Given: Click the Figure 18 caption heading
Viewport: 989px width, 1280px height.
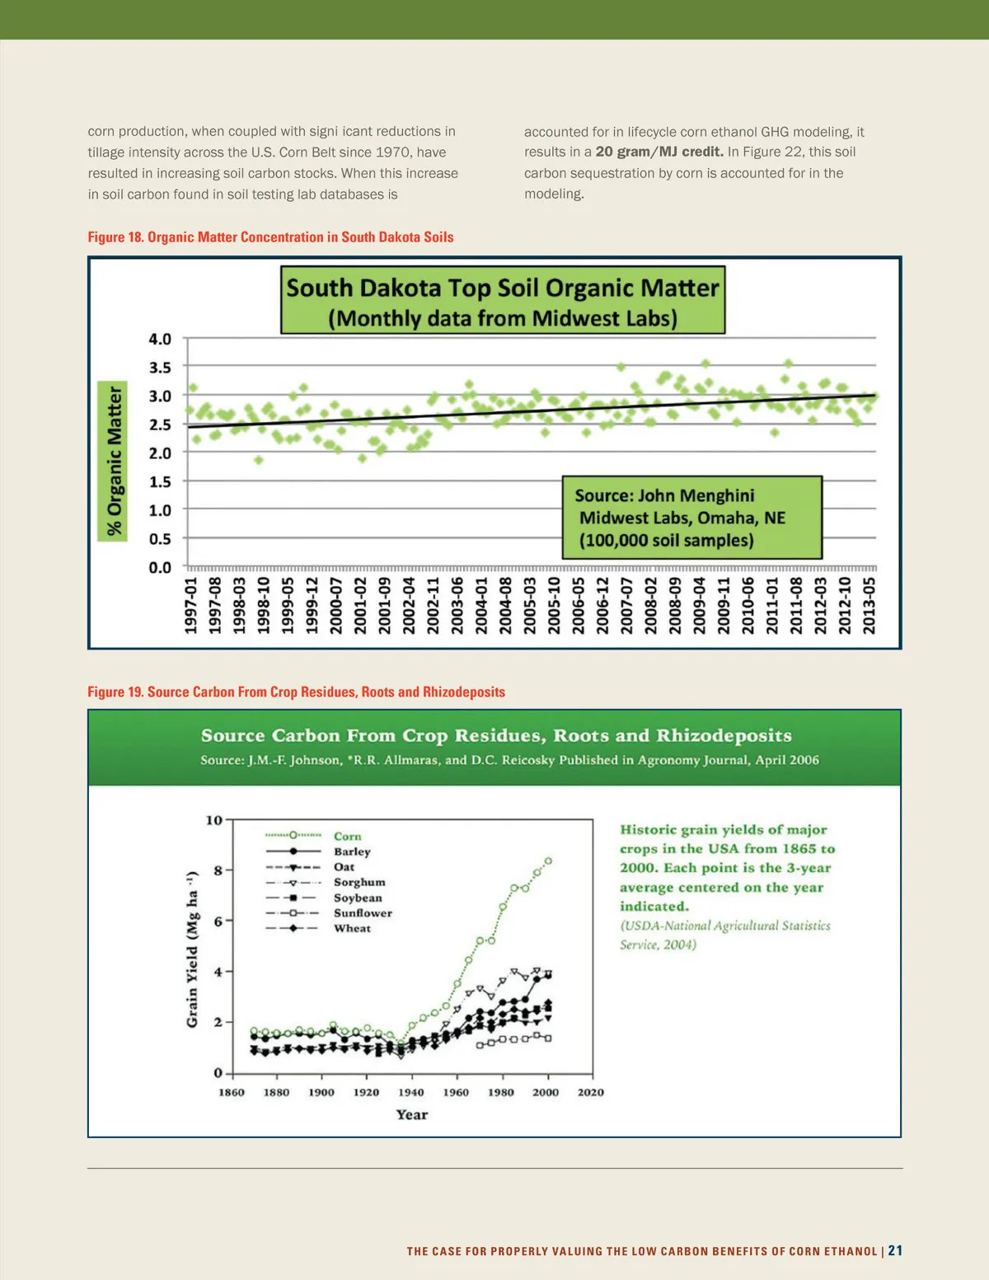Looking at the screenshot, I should [270, 237].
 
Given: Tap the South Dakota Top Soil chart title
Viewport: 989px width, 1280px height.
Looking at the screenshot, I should [503, 301].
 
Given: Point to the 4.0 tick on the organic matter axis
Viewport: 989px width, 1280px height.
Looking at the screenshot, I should [160, 339].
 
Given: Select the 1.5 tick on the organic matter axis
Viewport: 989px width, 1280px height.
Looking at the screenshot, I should [160, 481].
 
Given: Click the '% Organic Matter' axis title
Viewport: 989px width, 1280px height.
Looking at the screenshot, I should [114, 462].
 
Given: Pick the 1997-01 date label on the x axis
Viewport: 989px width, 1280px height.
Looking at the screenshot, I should [190, 606].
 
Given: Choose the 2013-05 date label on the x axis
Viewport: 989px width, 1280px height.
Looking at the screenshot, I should [869, 606].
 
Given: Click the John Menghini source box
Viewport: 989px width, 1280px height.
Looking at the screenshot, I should [691, 518].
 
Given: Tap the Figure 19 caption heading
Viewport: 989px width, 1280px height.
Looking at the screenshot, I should [296, 692].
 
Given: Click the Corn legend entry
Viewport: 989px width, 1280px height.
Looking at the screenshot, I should [347, 836].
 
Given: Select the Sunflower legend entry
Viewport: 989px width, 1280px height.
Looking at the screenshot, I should [363, 913].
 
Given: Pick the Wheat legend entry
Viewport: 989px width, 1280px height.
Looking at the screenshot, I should [352, 928].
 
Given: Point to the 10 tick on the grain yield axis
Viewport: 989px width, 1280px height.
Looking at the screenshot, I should [214, 820].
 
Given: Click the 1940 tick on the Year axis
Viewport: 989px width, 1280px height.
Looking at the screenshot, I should [411, 1093].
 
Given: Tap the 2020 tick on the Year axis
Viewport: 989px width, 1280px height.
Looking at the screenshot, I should [590, 1093].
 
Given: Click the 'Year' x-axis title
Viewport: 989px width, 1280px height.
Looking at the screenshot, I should [412, 1115].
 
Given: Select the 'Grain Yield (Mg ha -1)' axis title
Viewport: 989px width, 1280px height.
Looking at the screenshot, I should [192, 949].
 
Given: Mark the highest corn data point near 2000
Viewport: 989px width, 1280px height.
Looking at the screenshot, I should [548, 861].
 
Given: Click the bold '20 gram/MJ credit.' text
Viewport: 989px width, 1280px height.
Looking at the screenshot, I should [659, 152].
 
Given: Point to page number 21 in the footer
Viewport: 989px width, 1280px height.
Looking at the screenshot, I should [895, 1250].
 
